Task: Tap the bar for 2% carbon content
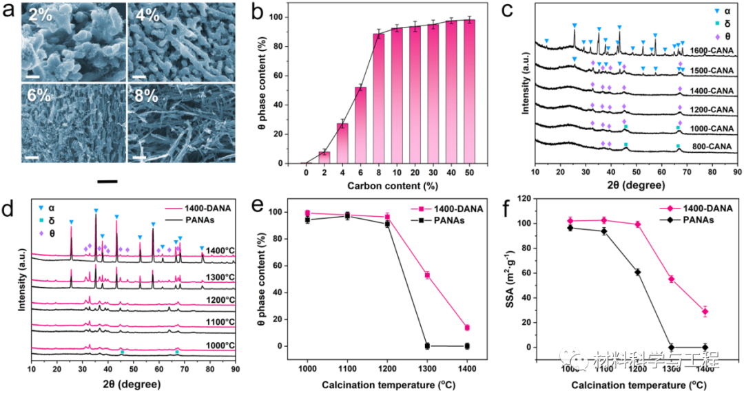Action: click(324, 157)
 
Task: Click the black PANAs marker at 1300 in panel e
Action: click(427, 346)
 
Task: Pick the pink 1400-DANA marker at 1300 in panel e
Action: click(427, 275)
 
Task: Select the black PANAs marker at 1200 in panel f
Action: click(637, 272)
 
